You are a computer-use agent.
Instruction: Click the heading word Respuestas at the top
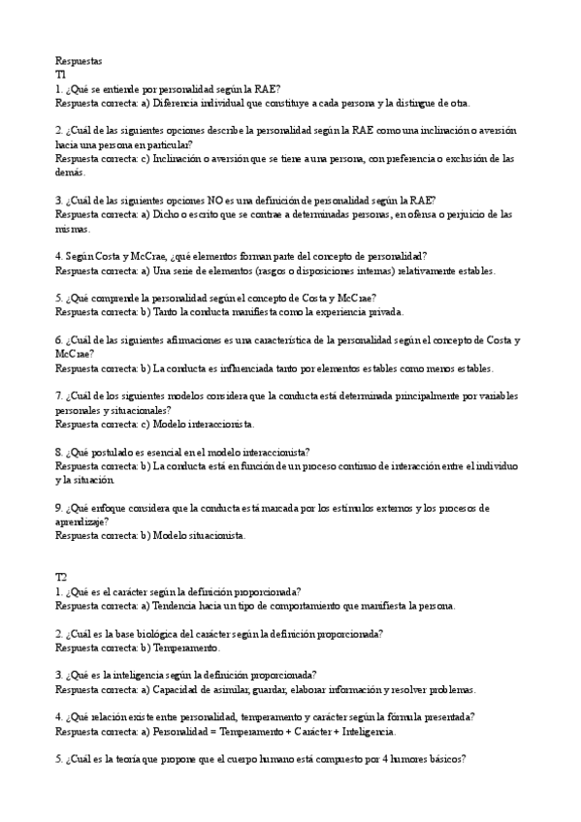79,60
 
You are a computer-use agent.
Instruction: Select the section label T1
61,74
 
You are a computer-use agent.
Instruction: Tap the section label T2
61,577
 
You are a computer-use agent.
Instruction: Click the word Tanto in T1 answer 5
168,312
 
